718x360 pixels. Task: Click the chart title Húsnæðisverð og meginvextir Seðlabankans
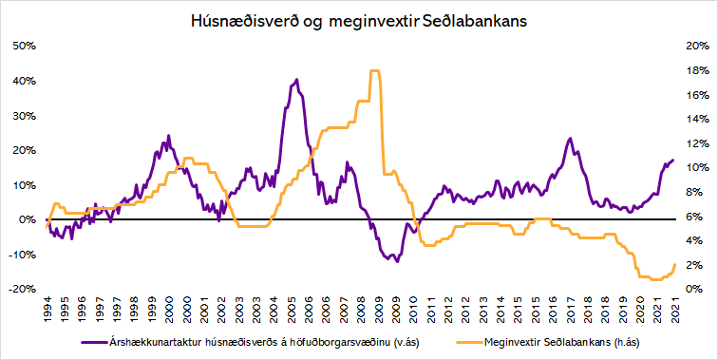pyautogui.click(x=358, y=17)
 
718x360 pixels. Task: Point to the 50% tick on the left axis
pyautogui.click(x=24, y=46)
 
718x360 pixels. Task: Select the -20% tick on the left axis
pyautogui.click(x=24, y=289)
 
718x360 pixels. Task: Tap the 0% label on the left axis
pyautogui.click(x=28, y=219)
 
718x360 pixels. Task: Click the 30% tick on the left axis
pyautogui.click(x=24, y=115)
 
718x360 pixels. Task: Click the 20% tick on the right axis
pyautogui.click(x=693, y=46)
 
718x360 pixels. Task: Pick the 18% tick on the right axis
pyautogui.click(x=693, y=70)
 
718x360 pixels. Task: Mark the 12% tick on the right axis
pyautogui.click(x=693, y=143)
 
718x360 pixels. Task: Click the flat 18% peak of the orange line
pyautogui.click(x=374, y=71)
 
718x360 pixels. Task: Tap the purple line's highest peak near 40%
pyautogui.click(x=297, y=80)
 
